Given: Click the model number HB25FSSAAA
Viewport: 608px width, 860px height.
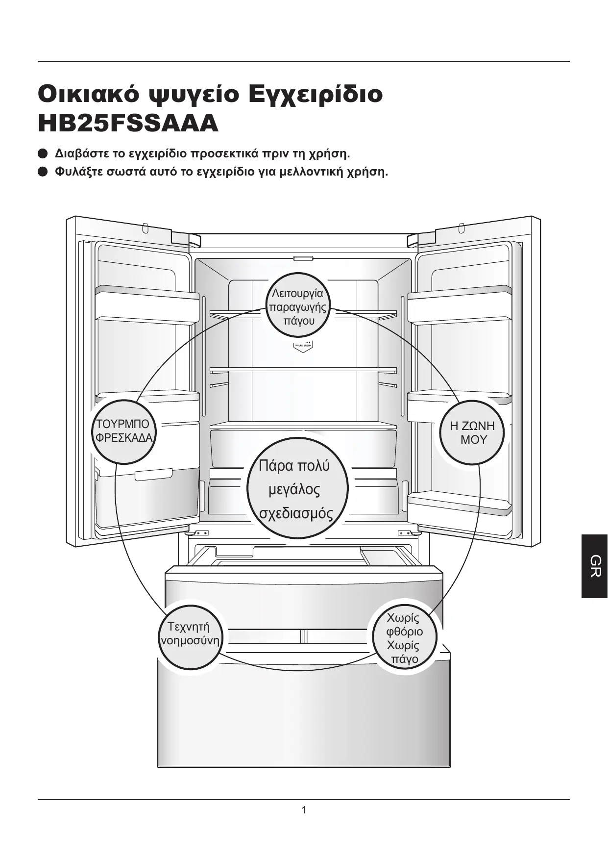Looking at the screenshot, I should [x=128, y=124].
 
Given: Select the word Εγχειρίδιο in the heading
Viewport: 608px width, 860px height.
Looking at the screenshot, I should [x=316, y=93].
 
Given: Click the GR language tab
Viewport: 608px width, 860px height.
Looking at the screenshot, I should [x=595, y=566].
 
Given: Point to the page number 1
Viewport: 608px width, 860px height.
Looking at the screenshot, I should [x=304, y=810].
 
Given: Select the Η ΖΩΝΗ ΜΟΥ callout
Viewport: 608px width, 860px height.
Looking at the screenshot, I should [x=473, y=432].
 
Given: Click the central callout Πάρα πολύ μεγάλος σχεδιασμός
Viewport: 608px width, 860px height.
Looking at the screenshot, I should [x=296, y=489].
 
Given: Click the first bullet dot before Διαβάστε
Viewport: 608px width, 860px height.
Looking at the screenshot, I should [x=43, y=153].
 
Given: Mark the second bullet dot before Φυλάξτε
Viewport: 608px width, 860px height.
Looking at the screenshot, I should [x=43, y=172].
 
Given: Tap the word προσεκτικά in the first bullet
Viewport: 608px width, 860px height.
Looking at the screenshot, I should [x=224, y=153].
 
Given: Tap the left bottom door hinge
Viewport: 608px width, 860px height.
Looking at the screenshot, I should [x=198, y=533].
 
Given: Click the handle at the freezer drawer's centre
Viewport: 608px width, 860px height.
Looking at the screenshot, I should [x=303, y=636].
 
